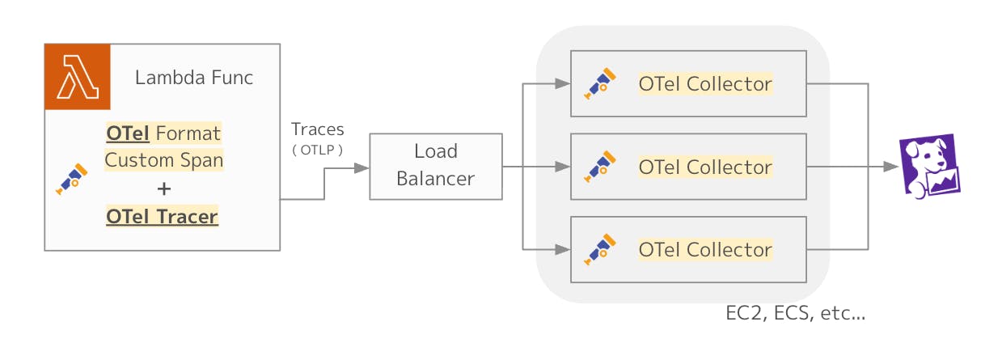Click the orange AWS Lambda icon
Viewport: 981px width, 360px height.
click(x=78, y=77)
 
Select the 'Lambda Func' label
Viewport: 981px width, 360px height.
click(x=194, y=78)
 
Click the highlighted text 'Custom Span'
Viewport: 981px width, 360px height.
click(x=163, y=160)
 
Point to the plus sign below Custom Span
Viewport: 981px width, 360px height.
click(x=163, y=188)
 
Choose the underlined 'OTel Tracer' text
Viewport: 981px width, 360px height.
click(x=163, y=217)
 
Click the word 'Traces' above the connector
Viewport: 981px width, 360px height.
click(x=317, y=129)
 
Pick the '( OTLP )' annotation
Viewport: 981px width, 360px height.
click(x=317, y=150)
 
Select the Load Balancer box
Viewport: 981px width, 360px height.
click(x=435, y=166)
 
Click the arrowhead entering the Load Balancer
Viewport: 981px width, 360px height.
click(x=362, y=168)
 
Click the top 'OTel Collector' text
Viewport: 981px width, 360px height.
click(x=705, y=83)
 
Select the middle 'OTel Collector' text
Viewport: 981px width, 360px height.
click(x=705, y=167)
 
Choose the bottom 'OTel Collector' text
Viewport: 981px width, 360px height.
click(x=705, y=250)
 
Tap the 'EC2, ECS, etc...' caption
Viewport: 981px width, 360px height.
click(x=796, y=314)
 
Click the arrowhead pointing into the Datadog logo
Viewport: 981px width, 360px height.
click(x=891, y=167)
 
